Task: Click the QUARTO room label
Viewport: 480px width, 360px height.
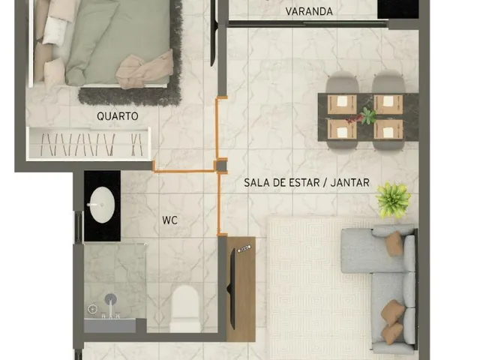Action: click(x=117, y=116)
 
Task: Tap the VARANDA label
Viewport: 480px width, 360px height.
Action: click(x=309, y=12)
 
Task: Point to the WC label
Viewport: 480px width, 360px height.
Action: click(x=170, y=220)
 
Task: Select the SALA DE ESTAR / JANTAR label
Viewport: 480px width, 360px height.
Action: click(x=307, y=183)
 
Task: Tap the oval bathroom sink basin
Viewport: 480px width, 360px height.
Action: click(x=101, y=205)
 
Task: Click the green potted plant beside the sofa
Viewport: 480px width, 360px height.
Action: click(x=393, y=200)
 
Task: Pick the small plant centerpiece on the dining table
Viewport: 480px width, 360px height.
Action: click(x=368, y=116)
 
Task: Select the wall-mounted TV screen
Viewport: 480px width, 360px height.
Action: click(x=232, y=289)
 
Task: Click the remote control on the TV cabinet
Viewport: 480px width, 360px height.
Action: click(x=244, y=249)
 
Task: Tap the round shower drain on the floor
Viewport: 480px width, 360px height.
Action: click(x=92, y=309)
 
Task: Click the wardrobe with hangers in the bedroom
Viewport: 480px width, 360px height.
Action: click(x=88, y=144)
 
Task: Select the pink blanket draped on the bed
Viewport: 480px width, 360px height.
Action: click(x=145, y=70)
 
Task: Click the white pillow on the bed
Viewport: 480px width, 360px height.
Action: click(x=55, y=30)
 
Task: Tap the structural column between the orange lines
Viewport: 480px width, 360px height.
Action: click(x=222, y=166)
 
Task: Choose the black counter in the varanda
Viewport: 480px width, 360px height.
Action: click(x=398, y=9)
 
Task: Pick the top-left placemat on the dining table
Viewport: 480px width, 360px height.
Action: click(x=342, y=104)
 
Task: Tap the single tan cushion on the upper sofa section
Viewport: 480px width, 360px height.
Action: click(x=394, y=243)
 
